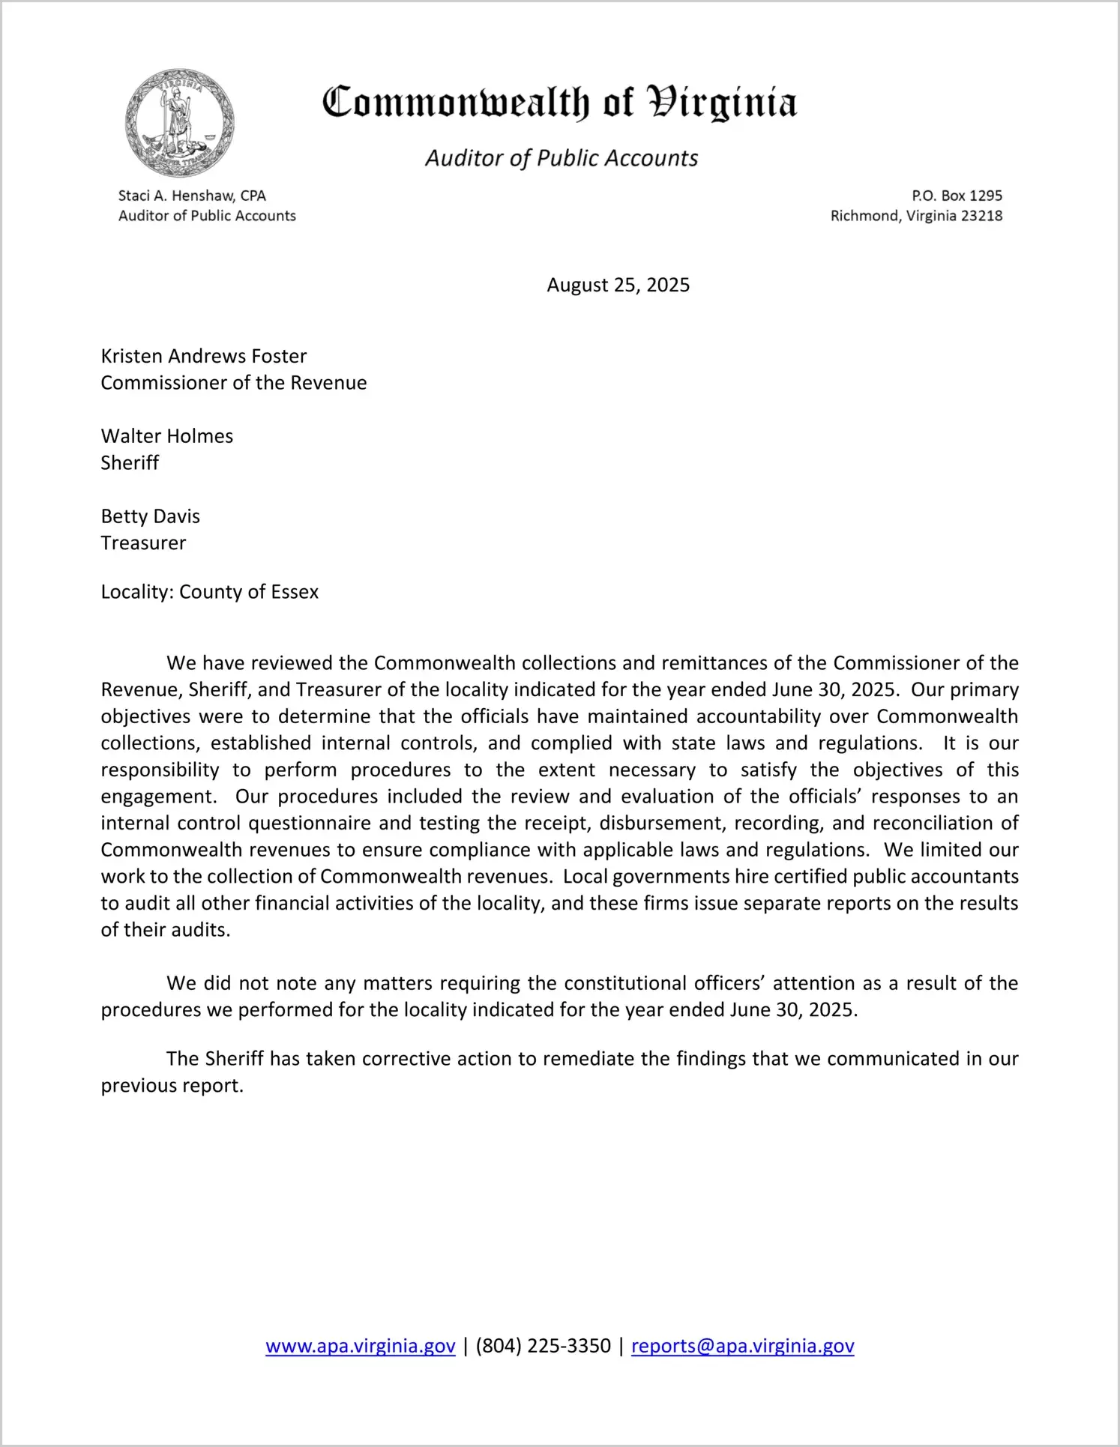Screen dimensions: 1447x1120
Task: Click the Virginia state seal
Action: pyautogui.click(x=180, y=123)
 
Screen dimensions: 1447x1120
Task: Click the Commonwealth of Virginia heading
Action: pyautogui.click(x=559, y=103)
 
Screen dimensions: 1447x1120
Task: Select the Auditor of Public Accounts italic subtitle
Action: pyautogui.click(x=561, y=158)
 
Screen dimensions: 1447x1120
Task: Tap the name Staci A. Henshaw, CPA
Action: pyautogui.click(x=192, y=196)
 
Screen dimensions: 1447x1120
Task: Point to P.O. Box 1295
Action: pyautogui.click(x=957, y=196)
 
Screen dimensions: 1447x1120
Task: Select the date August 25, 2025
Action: pyautogui.click(x=618, y=285)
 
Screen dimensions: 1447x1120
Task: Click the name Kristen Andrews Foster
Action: pyautogui.click(x=204, y=356)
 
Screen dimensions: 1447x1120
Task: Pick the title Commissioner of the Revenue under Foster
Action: pyautogui.click(x=234, y=383)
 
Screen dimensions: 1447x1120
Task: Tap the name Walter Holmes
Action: pyautogui.click(x=167, y=436)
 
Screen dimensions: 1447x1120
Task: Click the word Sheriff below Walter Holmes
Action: pyautogui.click(x=130, y=463)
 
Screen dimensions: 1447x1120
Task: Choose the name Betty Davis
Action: pyautogui.click(x=151, y=516)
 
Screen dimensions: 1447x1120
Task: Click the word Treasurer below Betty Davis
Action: pyautogui.click(x=143, y=543)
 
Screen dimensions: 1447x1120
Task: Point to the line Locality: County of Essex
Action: pyautogui.click(x=210, y=592)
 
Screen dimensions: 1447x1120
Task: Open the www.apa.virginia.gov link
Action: pyautogui.click(x=361, y=1346)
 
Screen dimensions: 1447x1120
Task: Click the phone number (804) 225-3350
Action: pyautogui.click(x=543, y=1346)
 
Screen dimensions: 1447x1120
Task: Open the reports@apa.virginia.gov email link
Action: pyautogui.click(x=742, y=1346)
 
